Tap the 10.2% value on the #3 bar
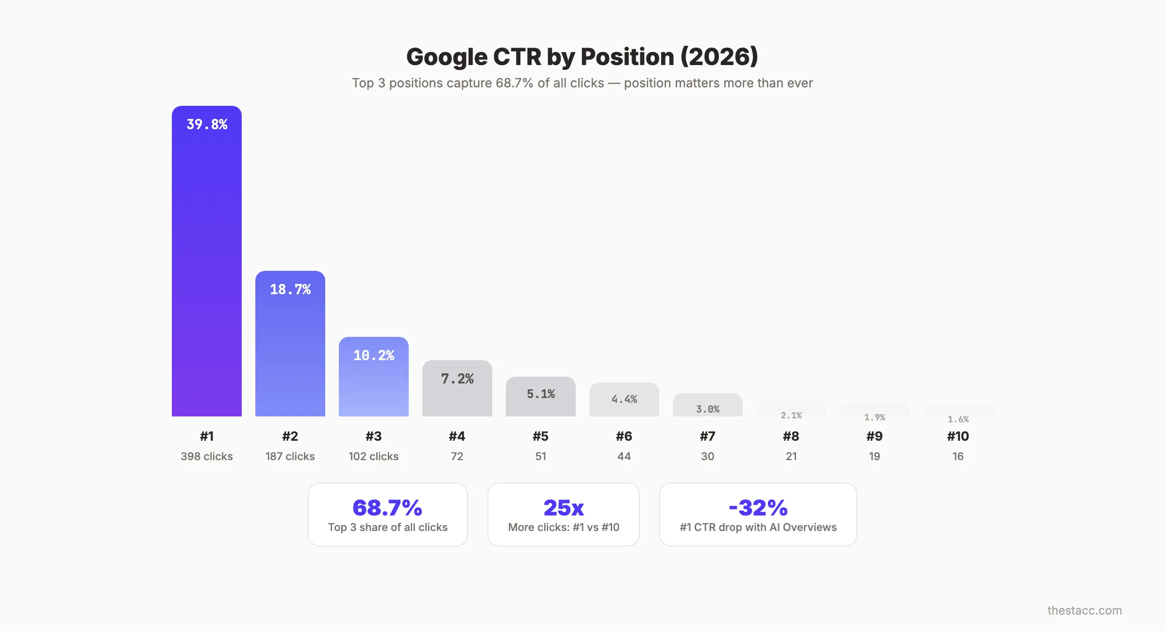[374, 356]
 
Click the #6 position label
[624, 436]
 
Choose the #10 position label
[958, 436]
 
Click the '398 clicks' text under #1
[207, 456]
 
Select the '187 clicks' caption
[290, 456]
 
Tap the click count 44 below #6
[624, 456]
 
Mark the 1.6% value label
[958, 419]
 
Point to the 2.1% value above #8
[791, 415]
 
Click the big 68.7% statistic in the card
[387, 508]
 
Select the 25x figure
[564, 508]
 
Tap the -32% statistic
[758, 508]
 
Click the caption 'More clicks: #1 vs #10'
[564, 527]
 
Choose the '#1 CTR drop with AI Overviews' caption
[758, 527]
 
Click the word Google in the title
[447, 57]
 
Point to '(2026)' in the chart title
[719, 57]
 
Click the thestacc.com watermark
[1084, 610]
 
